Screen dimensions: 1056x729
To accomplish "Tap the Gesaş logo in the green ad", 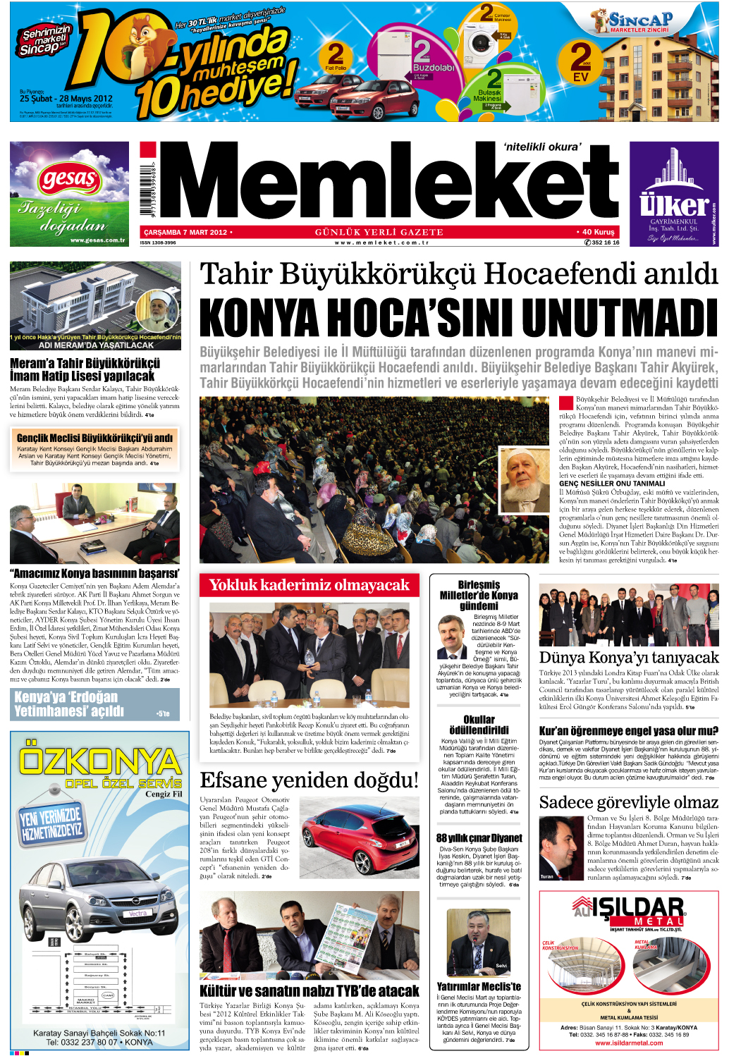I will click(x=69, y=178).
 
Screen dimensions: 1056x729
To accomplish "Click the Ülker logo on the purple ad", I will click(x=673, y=205).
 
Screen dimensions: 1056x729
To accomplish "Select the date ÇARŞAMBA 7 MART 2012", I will click(x=185, y=232).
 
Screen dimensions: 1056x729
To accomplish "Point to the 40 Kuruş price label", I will click(x=598, y=232).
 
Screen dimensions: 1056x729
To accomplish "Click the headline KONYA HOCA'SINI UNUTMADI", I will click(x=458, y=318).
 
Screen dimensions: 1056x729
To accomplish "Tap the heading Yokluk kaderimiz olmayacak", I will click(x=309, y=585).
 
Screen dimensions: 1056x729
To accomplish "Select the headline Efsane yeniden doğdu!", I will click(x=309, y=780).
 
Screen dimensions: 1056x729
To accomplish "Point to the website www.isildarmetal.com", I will click(x=629, y=1043).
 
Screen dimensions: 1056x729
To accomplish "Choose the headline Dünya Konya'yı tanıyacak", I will click(x=628, y=657).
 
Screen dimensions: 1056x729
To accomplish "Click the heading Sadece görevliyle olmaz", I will click(x=628, y=802).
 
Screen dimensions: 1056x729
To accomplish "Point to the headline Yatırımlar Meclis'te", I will click(x=479, y=986).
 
